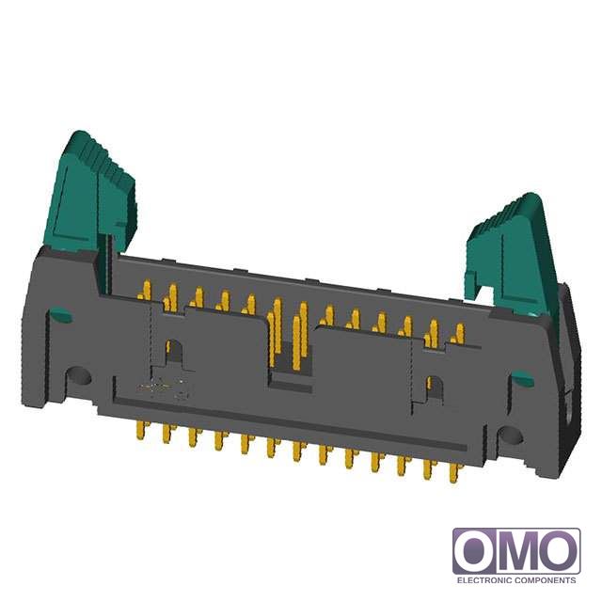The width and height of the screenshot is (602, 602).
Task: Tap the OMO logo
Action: point(516,551)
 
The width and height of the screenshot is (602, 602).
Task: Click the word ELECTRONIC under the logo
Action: point(483,580)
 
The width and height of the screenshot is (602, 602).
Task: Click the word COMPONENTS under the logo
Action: point(546,580)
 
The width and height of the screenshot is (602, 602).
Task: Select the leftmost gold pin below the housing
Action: point(142,430)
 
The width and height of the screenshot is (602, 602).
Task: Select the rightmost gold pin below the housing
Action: point(454,472)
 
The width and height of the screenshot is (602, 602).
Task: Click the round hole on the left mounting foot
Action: point(79,376)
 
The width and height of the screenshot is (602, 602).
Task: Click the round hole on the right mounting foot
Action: point(510,436)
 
